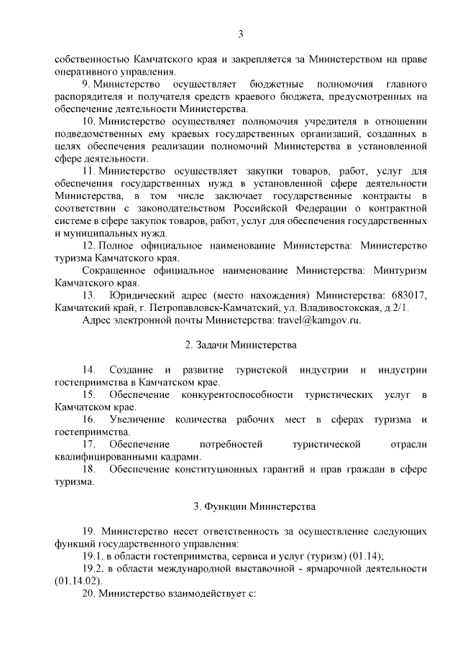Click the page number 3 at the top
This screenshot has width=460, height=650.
click(x=241, y=34)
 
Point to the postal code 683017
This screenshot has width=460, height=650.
click(x=408, y=294)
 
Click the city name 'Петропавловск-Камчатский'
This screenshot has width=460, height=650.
click(x=175, y=307)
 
